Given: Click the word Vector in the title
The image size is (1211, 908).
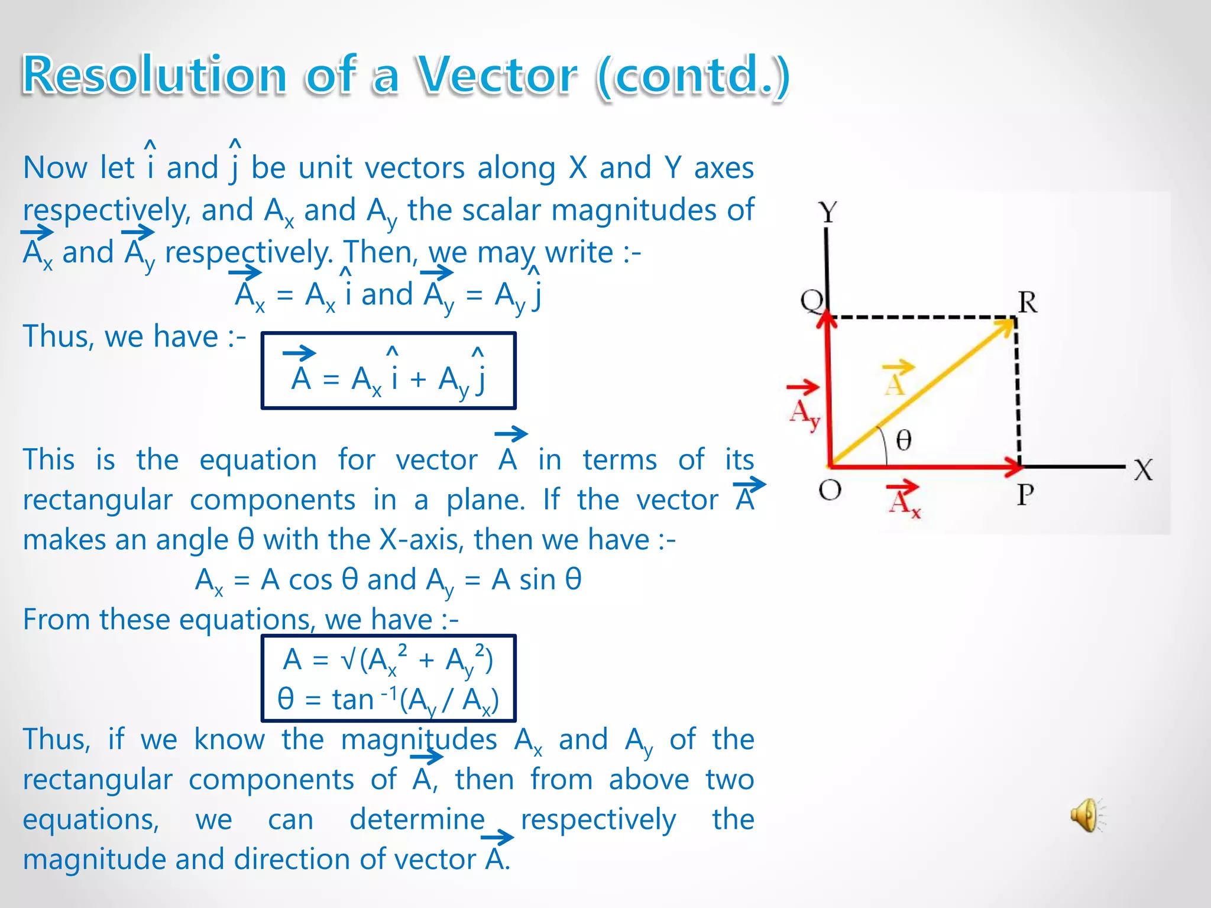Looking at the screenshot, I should (497, 76).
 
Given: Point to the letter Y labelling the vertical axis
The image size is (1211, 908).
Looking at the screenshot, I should (828, 212).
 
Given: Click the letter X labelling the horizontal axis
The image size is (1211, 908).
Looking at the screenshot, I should (1143, 471).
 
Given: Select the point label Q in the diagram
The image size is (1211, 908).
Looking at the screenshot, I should (811, 301).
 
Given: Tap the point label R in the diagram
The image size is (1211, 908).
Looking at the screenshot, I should (1028, 303).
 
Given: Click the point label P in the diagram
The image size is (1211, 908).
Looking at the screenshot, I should (1025, 494).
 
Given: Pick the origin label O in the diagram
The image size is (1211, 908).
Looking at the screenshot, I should (830, 490).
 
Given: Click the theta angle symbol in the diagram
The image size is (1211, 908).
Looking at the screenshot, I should (904, 440).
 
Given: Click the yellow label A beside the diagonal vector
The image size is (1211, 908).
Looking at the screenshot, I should (895, 384).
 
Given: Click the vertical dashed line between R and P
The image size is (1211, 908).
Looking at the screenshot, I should (1018, 390).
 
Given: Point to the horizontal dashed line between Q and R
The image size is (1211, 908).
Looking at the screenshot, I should (922, 317).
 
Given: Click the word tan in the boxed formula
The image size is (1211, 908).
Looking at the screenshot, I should (352, 700).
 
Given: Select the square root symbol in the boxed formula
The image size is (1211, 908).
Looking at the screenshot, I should (349, 660).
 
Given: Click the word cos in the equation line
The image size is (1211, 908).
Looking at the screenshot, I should (310, 580).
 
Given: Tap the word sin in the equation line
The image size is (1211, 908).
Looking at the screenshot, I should (537, 580).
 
